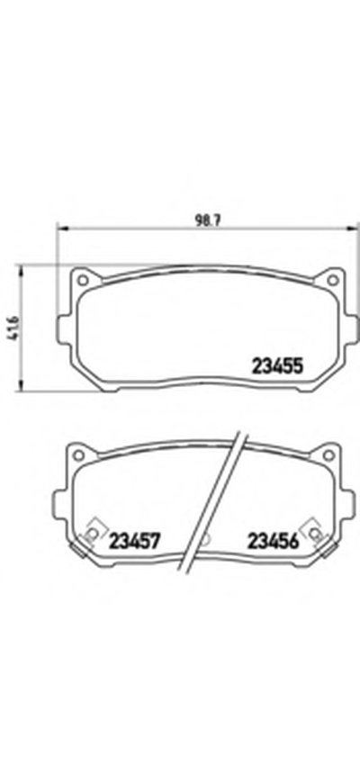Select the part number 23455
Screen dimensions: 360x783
[x=277, y=367]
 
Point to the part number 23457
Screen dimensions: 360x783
[x=134, y=540]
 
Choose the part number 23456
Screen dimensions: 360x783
[x=273, y=540]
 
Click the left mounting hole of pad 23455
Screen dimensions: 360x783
[x=83, y=280]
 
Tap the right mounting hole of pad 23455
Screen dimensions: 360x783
[x=331, y=280]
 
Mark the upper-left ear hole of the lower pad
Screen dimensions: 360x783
[x=78, y=454]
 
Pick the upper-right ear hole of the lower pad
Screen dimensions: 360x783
[x=328, y=454]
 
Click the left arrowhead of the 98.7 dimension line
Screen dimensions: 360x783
[x=62, y=229]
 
